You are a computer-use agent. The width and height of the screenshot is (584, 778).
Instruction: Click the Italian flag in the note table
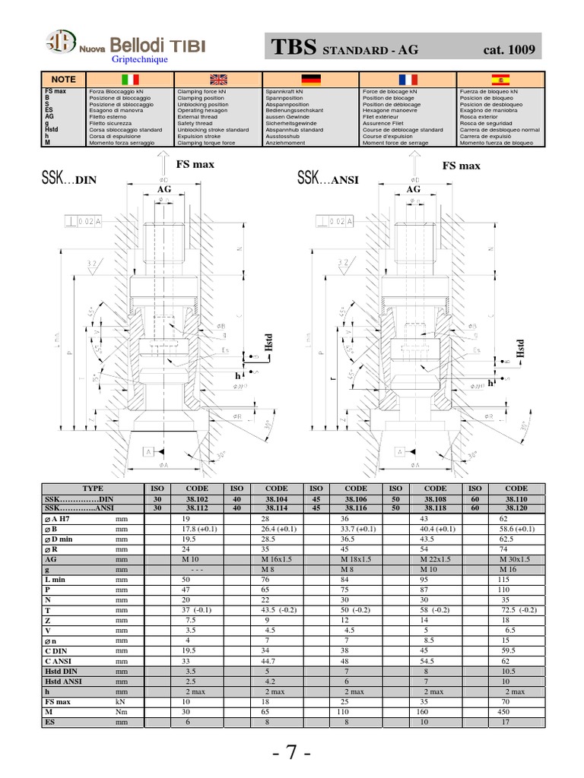(130, 79)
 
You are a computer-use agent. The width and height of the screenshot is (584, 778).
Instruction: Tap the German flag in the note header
(311, 79)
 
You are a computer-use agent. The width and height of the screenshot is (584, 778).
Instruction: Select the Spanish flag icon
(500, 79)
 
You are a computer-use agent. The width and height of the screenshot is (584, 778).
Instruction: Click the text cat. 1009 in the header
(509, 51)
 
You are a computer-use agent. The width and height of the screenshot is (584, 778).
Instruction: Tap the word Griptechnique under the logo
(140, 59)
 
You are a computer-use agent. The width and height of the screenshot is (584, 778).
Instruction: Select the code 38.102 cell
(196, 498)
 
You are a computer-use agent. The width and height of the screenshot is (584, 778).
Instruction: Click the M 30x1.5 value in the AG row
(515, 558)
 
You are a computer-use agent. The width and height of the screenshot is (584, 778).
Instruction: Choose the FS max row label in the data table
(58, 702)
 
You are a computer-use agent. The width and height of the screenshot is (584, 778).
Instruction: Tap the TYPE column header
(92, 489)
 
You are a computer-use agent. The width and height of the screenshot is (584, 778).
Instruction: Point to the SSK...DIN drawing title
(71, 180)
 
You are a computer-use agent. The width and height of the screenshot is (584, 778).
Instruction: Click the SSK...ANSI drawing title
(328, 179)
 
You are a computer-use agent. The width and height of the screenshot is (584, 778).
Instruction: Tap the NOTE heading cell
(64, 79)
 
